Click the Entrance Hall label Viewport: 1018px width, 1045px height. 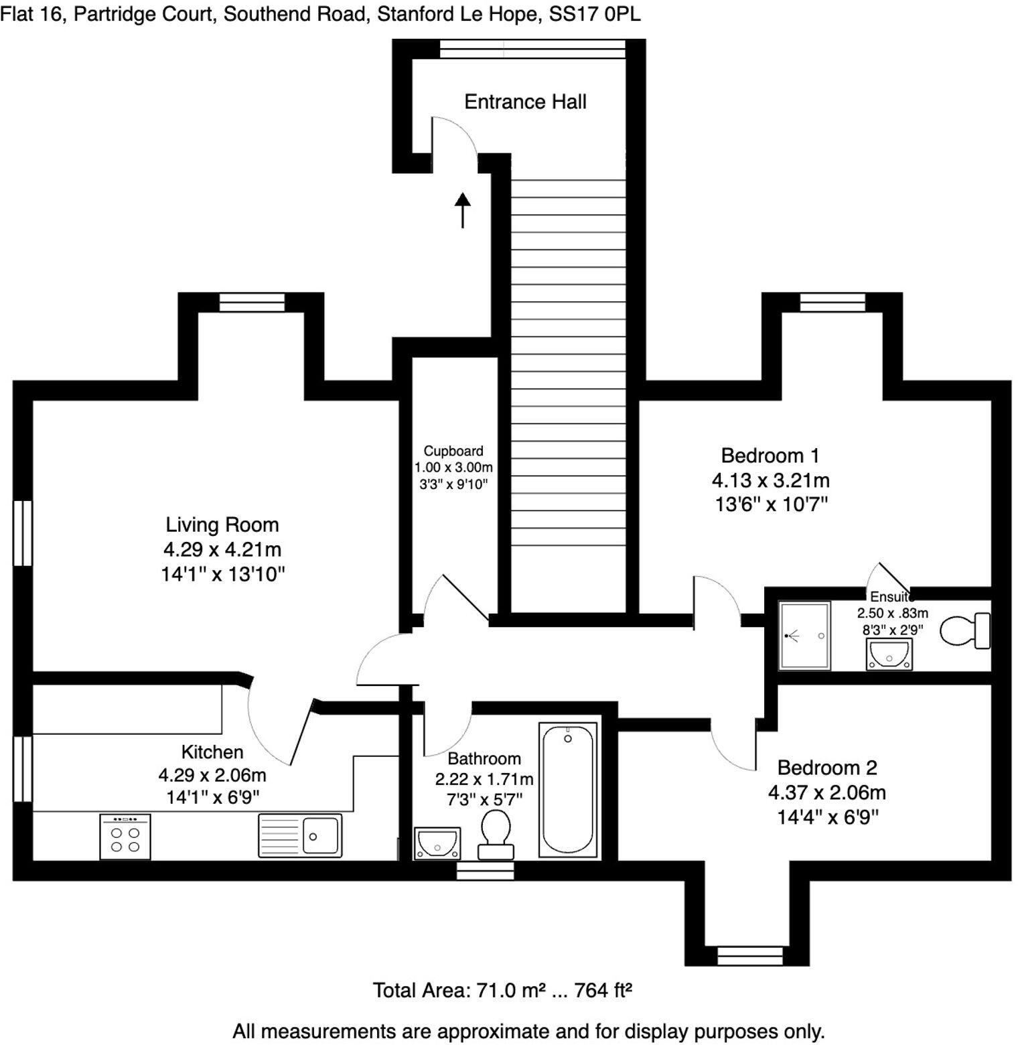coord(525,102)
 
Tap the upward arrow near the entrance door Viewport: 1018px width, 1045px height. coord(462,210)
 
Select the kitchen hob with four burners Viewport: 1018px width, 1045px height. coord(125,837)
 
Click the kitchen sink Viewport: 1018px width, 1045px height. coord(300,835)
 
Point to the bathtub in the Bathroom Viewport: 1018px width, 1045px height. coord(568,790)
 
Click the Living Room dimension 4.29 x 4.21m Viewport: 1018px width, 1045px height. coord(222,549)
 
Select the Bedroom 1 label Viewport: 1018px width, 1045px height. coord(770,456)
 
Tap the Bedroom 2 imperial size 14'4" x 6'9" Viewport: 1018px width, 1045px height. coord(827,817)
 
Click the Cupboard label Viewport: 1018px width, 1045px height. coord(453,451)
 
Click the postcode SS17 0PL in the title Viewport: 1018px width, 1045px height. coord(595,14)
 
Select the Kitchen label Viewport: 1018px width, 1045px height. coord(212,752)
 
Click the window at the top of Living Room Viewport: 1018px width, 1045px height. coord(252,303)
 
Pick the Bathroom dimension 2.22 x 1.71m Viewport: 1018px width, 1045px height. coord(484,779)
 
